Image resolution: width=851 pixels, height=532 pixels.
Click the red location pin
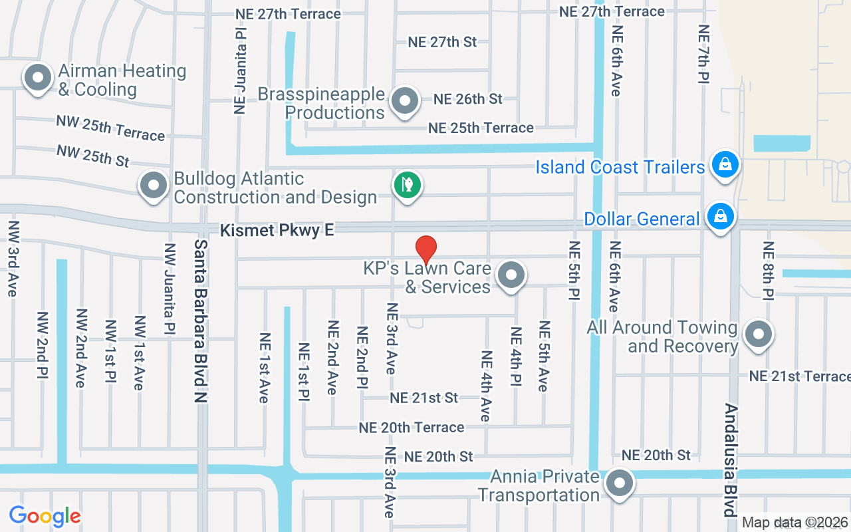pos(426,250)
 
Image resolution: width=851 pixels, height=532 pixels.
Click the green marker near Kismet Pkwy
pos(408,184)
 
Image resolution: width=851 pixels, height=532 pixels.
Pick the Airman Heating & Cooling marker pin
pos(38,78)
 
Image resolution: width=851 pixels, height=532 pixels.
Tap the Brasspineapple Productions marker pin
pos(404,102)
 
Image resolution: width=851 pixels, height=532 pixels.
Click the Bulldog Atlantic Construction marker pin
pos(154,186)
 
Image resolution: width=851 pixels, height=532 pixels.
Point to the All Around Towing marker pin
pos(758,334)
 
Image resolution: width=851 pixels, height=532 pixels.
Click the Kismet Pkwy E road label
pos(278,231)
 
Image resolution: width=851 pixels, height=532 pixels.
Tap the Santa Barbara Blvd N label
pos(201,321)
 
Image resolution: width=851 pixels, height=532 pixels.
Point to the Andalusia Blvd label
pos(730,460)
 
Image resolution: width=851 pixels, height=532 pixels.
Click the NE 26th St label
pos(468,99)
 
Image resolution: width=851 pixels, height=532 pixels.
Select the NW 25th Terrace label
pos(110,128)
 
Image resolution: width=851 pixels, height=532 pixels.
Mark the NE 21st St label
pos(424,398)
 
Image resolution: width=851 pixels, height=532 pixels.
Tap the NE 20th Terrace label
pos(412,428)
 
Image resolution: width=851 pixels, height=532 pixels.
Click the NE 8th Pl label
pos(769,271)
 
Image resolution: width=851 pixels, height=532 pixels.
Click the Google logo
pos(45,516)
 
